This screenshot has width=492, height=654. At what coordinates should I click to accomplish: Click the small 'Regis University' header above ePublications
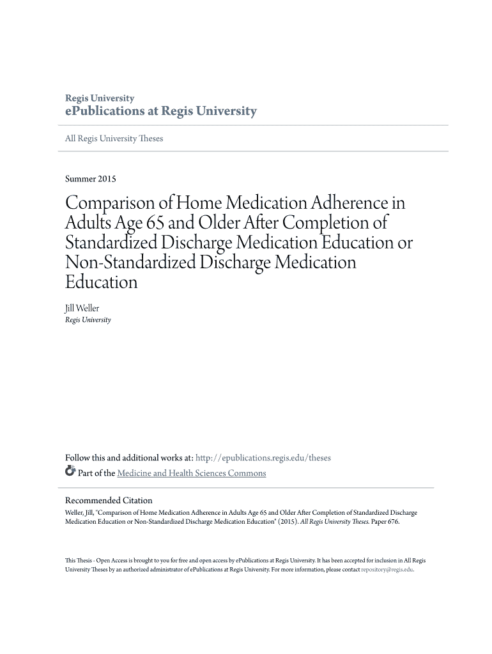pos(100,98)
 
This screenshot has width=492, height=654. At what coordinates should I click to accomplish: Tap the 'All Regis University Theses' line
pos(114,139)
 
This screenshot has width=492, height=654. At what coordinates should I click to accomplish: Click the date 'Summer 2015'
pos(91,179)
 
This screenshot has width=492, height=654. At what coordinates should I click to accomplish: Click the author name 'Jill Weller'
pos(82,308)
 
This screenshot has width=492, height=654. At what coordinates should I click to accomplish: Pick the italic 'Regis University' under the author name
pos(88,320)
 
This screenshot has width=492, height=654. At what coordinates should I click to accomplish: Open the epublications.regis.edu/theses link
pos(263,458)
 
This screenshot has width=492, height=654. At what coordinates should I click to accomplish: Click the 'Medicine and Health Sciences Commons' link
pos(192,473)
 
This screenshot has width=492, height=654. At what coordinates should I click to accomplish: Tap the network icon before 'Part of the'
pos(70,473)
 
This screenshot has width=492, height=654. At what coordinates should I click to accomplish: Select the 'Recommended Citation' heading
pos(109,501)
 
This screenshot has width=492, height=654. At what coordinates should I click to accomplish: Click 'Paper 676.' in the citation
pos(385,521)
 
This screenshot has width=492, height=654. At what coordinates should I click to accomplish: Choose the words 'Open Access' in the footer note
pos(111,560)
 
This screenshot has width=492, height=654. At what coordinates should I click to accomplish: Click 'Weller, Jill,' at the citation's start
pos(80,512)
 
